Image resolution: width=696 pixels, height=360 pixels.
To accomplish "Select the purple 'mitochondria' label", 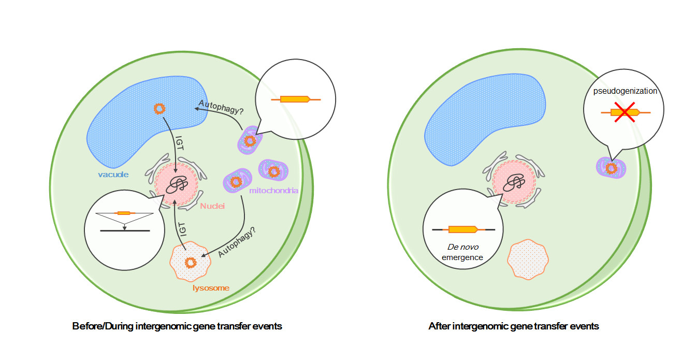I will (273, 191).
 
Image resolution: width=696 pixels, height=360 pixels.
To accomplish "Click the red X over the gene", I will (625, 112).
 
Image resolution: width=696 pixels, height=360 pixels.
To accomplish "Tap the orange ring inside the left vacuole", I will (160, 109).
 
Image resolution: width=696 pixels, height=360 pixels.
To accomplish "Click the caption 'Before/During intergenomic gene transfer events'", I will (177, 326).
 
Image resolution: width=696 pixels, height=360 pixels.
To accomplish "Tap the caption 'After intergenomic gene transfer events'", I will (513, 326).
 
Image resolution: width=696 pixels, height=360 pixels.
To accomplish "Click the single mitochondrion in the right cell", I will (612, 168).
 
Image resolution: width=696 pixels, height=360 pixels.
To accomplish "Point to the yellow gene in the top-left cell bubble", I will (295, 99).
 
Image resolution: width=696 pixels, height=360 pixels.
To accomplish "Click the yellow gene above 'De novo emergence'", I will (462, 229).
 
